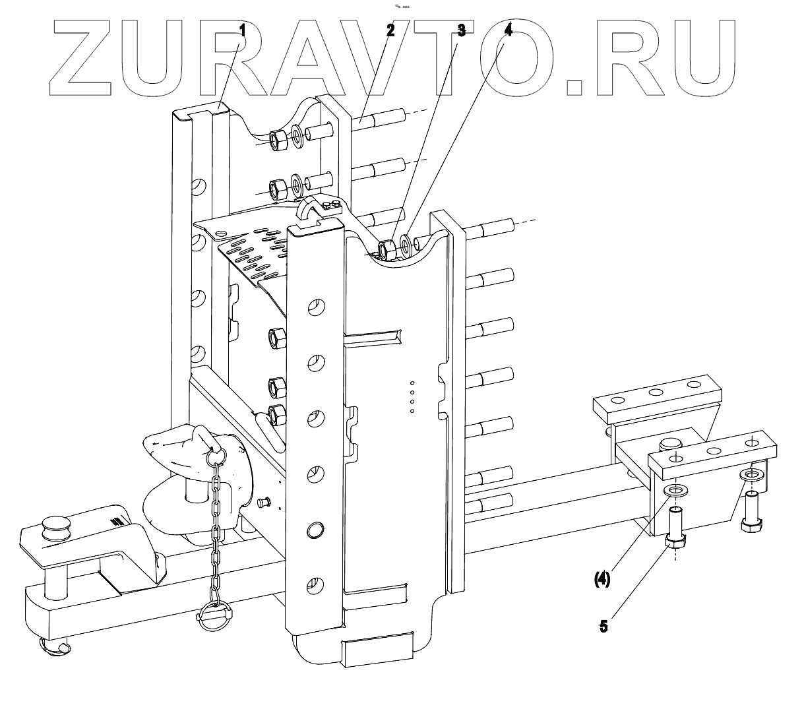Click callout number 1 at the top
[242, 30]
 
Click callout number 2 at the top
[390, 30]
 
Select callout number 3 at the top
[461, 30]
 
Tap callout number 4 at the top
[508, 30]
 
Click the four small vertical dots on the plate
[412, 396]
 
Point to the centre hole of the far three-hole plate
[656, 392]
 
